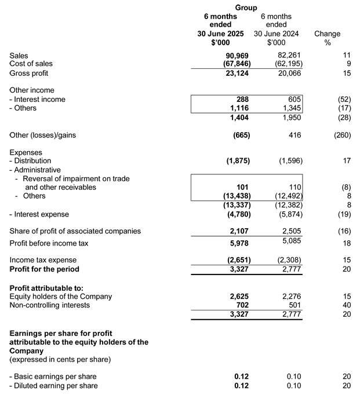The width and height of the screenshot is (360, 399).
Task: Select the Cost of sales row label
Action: click(31, 64)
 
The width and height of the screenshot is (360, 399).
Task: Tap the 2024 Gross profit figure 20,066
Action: click(289, 74)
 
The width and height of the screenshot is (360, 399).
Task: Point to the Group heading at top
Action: click(246, 8)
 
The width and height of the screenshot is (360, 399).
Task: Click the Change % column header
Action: click(327, 38)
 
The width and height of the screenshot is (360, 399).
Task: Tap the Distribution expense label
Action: click(32, 160)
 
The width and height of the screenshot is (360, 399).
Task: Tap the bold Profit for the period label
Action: click(44, 269)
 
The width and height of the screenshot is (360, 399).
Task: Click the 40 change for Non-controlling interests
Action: click(347, 305)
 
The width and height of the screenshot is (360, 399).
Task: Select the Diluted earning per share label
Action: click(56, 386)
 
